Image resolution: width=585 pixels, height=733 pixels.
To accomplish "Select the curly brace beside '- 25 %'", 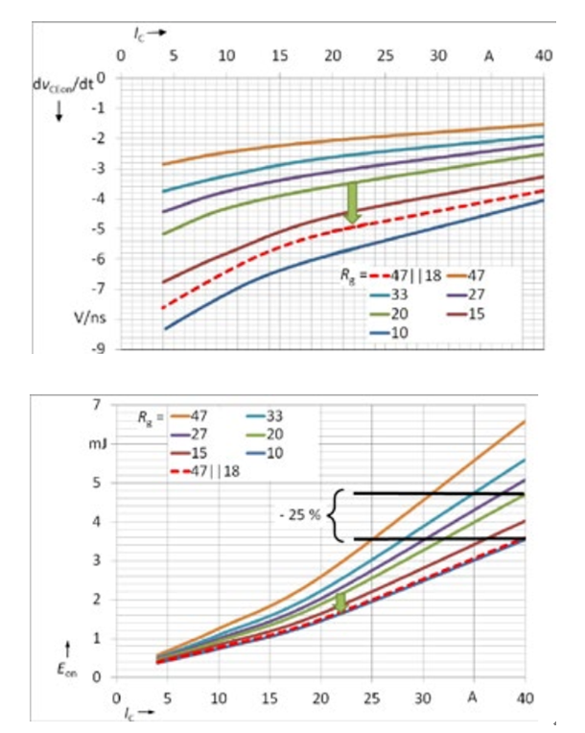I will (x=336, y=515).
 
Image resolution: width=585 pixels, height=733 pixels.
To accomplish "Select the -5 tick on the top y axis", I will (x=97, y=229).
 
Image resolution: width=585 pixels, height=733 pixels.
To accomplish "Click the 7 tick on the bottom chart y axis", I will (x=96, y=405).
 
